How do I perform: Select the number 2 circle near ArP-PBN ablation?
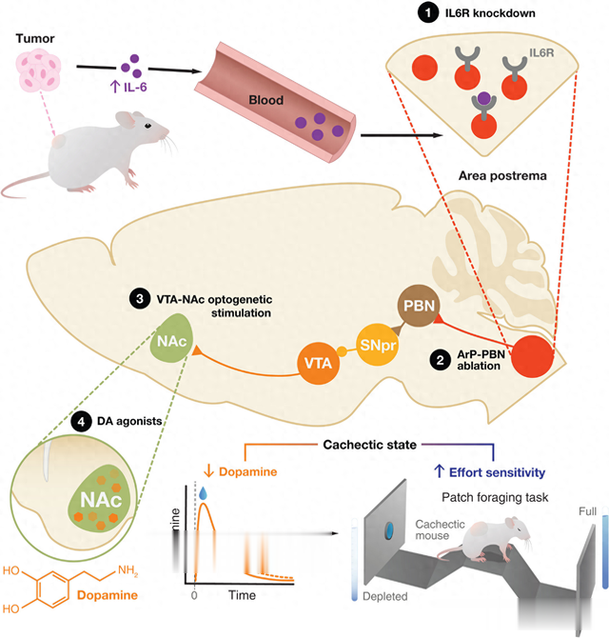(x=440, y=361)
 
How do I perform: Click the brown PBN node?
(x=415, y=308)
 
